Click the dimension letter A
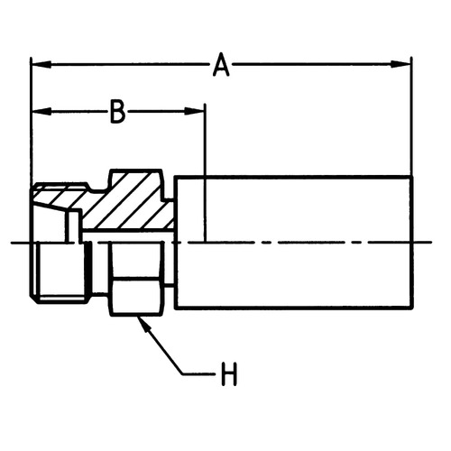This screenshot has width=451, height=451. pos(221,65)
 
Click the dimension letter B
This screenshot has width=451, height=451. pos(117,112)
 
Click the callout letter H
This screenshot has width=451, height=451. pos(229,374)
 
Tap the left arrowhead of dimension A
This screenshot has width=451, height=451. pos(41,64)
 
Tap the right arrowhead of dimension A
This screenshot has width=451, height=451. pos(400,64)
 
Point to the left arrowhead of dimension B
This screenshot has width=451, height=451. pos(41,112)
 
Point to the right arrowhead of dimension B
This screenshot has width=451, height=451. pos(195,111)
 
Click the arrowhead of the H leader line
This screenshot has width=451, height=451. pos(143,325)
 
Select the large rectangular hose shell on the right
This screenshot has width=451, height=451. pos(294,242)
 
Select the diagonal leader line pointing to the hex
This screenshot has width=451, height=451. pos(161,345)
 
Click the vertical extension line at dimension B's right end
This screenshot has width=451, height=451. pos(205,173)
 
